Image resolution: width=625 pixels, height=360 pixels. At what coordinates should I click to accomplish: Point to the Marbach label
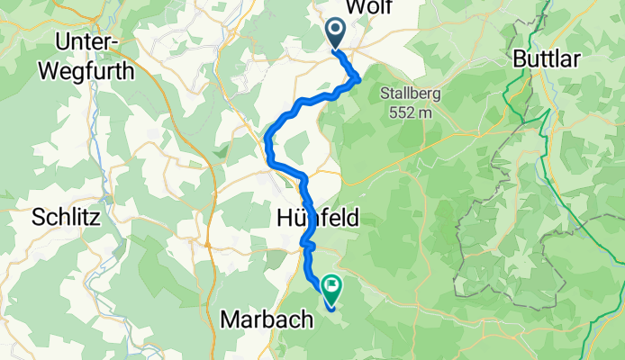tap(267, 319)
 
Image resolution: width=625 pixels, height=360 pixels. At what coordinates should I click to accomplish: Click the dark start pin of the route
tap(334, 32)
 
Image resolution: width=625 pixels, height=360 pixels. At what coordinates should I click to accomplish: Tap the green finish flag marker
tap(331, 289)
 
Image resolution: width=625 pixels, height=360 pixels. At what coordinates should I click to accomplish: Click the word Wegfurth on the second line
tap(95, 69)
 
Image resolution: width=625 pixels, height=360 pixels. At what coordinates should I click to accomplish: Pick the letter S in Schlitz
tap(38, 217)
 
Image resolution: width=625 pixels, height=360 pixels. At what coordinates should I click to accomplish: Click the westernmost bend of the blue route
tap(268, 139)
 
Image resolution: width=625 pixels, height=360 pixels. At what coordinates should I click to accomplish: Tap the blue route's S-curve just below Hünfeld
tap(308, 243)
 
